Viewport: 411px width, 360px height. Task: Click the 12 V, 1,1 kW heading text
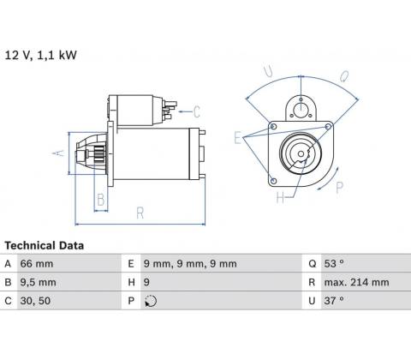pos(41,55)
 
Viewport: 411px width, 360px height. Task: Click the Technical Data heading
pos(45,246)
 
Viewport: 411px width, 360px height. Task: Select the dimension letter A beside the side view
pos(58,153)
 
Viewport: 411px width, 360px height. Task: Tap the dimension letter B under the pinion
pos(101,200)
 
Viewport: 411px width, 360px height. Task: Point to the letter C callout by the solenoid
pos(197,111)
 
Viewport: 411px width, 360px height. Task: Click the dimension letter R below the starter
pos(140,213)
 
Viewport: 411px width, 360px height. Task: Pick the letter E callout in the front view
pos(237,138)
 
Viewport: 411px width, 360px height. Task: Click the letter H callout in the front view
pos(280,197)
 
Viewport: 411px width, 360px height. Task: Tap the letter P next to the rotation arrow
pos(339,188)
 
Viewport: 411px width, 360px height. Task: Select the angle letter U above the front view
pos(268,71)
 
